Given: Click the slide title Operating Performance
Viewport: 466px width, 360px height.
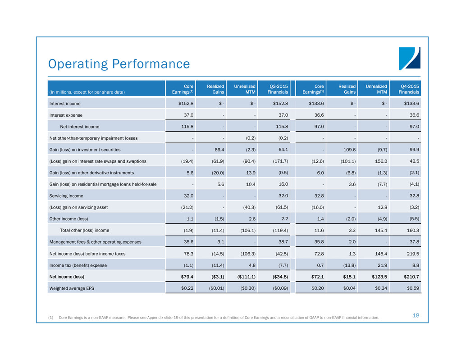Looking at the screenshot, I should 119,64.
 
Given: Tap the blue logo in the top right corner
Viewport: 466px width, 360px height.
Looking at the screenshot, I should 409,59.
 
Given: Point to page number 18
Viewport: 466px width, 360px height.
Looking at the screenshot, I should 416,315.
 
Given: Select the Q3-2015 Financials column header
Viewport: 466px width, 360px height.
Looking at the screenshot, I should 277,89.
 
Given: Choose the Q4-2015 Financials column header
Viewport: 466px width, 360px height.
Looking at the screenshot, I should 408,89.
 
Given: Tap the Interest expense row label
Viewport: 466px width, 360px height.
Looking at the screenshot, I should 65,115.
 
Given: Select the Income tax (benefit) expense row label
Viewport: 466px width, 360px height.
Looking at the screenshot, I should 78,265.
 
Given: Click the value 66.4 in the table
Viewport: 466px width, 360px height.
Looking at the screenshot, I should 218,150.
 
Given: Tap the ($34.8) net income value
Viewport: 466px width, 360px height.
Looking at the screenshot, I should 278,276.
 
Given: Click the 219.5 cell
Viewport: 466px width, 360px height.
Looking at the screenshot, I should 411,254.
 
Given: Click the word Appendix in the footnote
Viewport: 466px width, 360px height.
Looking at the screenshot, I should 184,317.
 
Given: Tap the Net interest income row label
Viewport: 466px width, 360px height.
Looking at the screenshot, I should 81,127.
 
